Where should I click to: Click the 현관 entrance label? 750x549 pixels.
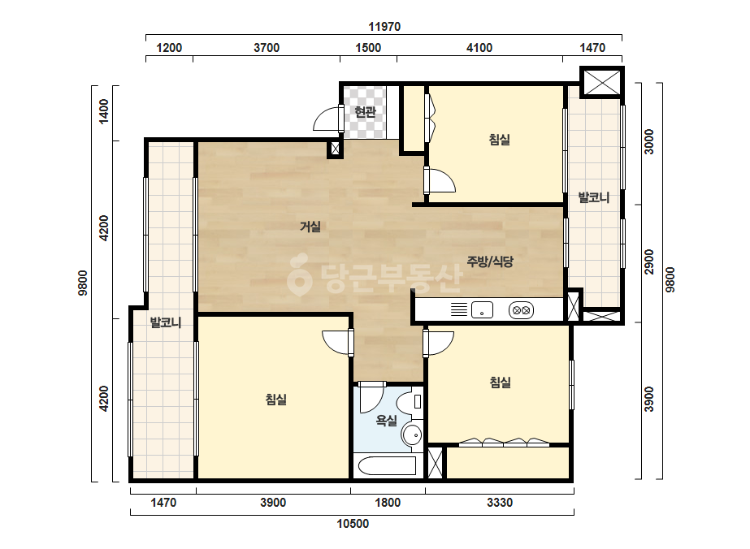[365, 112]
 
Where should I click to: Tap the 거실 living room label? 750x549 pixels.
[310, 227]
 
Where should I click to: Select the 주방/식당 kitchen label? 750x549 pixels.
[490, 262]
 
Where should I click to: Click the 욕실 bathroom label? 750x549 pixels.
[387, 421]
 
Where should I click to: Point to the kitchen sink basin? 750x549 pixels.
[482, 310]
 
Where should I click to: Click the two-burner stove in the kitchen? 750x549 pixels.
[521, 310]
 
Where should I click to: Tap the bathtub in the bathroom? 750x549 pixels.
[387, 465]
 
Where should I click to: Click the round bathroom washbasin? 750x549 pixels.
[412, 434]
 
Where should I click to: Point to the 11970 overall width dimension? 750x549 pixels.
[384, 27]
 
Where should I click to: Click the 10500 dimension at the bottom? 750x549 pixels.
[353, 524]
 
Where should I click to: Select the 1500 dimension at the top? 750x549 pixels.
[368, 48]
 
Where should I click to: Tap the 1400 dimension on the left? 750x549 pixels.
[103, 111]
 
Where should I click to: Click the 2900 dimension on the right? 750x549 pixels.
[648, 262]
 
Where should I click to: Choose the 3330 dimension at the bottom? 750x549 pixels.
[500, 503]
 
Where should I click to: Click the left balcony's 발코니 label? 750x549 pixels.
[166, 322]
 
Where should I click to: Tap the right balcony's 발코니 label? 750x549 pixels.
[594, 197]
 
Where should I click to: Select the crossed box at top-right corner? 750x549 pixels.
[602, 82]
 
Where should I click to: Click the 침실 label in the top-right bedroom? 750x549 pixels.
[500, 140]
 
